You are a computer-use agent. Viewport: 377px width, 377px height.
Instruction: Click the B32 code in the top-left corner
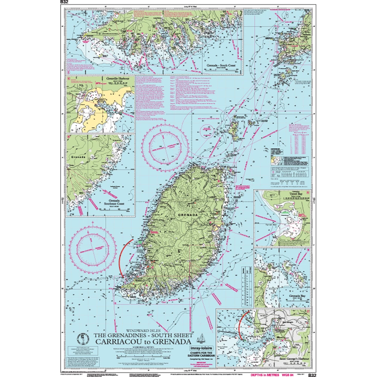point(63,2)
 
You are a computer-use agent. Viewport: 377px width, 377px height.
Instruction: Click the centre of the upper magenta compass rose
point(163,146)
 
